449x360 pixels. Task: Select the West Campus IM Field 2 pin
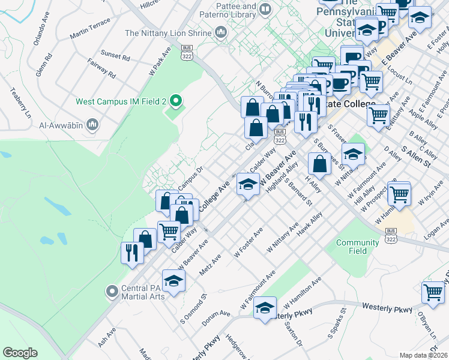[x=176, y=101]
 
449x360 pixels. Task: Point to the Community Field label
[x=357, y=246]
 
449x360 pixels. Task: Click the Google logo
[x=20, y=352]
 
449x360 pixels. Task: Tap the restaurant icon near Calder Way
[x=130, y=252]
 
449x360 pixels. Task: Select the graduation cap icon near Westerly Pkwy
[x=264, y=309]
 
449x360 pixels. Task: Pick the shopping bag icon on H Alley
[x=319, y=163]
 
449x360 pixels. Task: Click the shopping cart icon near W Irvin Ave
[x=399, y=194]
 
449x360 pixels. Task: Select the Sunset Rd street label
[x=115, y=56]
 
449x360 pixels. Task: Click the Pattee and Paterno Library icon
[x=266, y=10]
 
